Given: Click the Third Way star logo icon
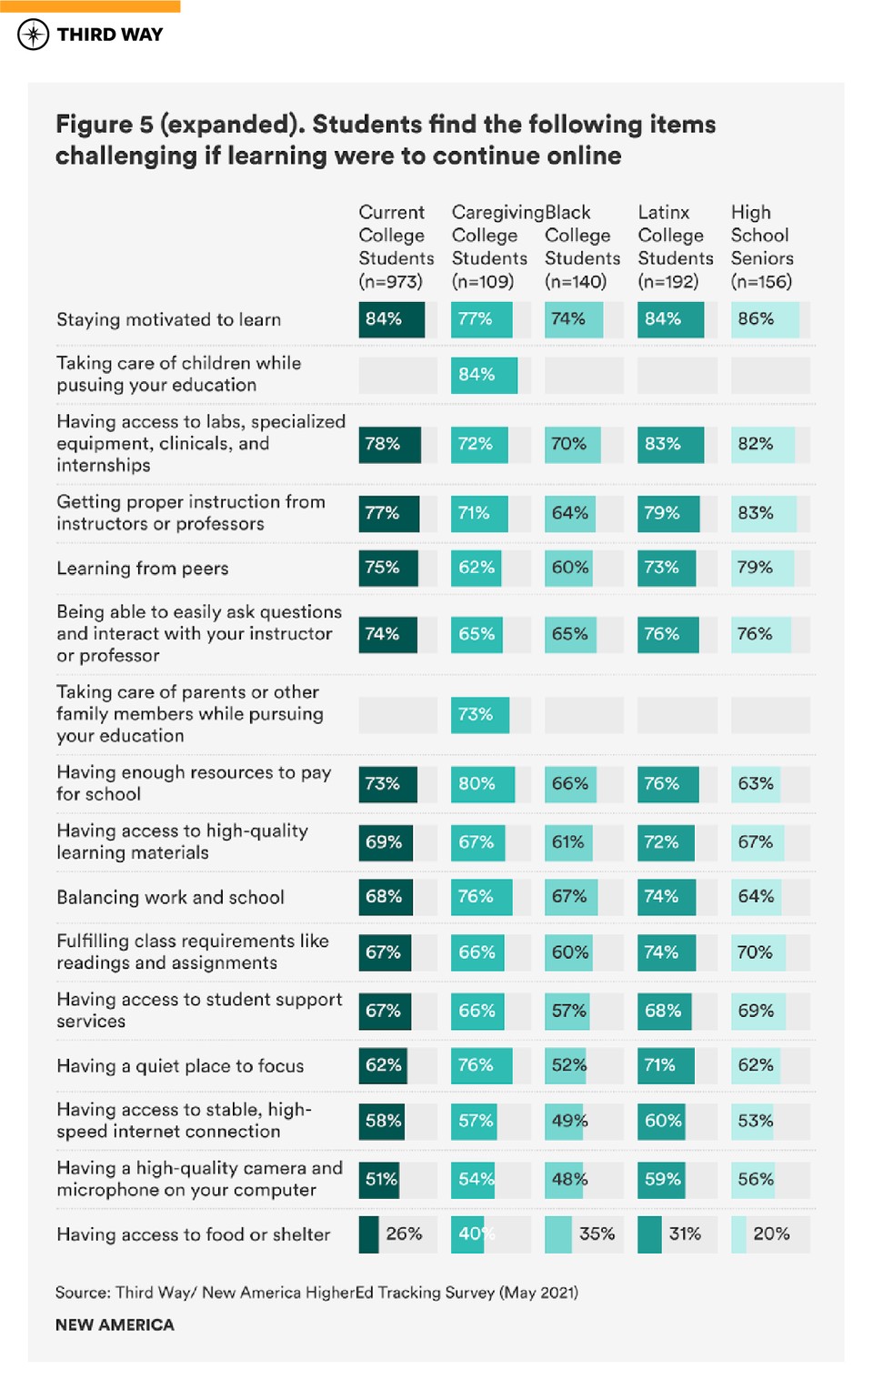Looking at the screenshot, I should (33, 35).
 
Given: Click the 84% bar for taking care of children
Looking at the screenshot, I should (483, 375).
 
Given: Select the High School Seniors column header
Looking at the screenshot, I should (761, 247).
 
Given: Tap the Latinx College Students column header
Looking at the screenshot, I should (675, 247).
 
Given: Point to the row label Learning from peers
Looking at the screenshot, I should (143, 569).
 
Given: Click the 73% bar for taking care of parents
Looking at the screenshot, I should (479, 715).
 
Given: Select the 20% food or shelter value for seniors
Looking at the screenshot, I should (770, 1234).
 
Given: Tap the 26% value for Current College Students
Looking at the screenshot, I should (404, 1234).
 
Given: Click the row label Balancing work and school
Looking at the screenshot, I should (170, 898).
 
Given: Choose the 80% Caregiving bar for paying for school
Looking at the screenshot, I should (482, 784).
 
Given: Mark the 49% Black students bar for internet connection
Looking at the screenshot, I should (567, 1121).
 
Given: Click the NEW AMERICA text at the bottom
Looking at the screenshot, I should (115, 1325).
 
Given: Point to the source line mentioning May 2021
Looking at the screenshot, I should (316, 1293).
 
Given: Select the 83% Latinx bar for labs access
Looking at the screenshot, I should (669, 444).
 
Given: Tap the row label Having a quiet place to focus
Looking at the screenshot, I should (180, 1066).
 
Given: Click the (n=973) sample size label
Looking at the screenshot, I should (391, 282).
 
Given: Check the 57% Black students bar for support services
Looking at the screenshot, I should (567, 1012).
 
